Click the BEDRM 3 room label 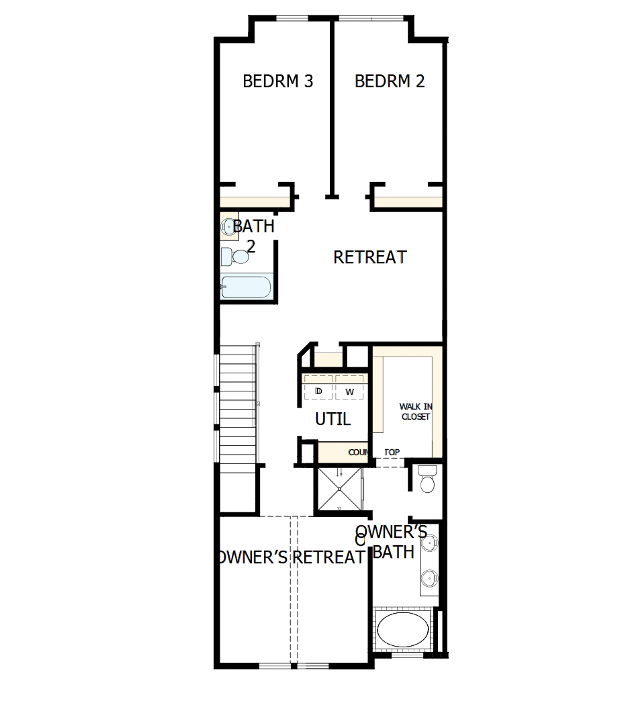tap(277, 81)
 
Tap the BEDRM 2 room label tap(390, 81)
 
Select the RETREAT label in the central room tap(370, 257)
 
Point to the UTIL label tap(333, 420)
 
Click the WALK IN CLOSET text tap(415, 412)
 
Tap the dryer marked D tap(318, 391)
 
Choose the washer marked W tap(349, 391)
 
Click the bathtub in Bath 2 tap(246, 287)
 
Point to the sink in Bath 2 tap(228, 227)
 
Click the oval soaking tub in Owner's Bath tap(402, 630)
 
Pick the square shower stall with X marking tap(339, 489)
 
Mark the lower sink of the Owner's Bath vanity tap(430, 575)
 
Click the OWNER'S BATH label tap(392, 542)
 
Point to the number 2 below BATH tap(251, 246)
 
